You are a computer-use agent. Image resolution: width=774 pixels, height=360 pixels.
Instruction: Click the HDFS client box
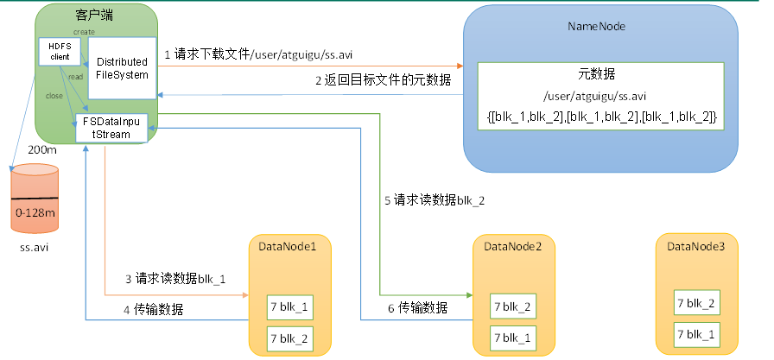click(60, 50)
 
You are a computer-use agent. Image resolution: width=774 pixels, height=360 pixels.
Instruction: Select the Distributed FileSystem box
click(122, 68)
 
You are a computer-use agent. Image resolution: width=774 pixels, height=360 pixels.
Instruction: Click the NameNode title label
click(596, 27)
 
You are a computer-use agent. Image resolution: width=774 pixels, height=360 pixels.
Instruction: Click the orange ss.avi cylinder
click(35, 199)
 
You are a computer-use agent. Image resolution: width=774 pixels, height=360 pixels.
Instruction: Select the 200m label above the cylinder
click(41, 150)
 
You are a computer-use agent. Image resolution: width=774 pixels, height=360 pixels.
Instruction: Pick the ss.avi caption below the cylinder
click(35, 247)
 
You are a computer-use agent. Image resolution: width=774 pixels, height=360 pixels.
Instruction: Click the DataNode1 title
click(288, 247)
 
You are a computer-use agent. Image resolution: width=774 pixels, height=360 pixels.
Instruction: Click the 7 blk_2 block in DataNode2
click(513, 306)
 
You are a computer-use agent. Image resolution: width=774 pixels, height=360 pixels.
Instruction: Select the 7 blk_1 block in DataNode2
click(513, 336)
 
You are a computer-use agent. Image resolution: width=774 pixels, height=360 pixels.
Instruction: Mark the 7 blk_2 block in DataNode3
click(696, 303)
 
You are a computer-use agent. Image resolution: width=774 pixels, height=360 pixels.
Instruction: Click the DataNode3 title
click(696, 247)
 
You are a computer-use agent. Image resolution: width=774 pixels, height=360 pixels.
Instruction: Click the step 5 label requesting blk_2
click(435, 200)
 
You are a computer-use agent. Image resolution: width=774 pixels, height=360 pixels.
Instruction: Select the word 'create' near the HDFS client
click(84, 31)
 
